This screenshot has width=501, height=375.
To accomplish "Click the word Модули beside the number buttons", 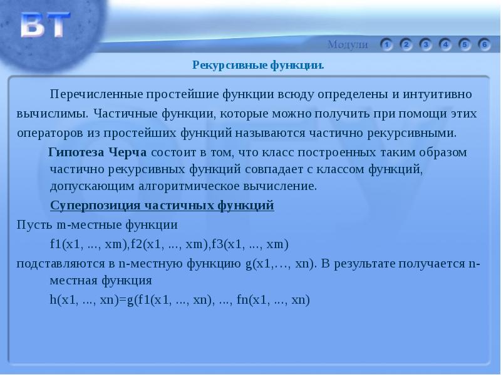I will point(348,44).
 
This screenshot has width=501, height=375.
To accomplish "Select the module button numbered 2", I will point(406,44).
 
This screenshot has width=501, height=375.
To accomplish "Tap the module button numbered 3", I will point(426,44).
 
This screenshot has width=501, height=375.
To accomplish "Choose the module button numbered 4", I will point(445,44).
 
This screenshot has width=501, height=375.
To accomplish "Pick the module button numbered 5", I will point(465,44).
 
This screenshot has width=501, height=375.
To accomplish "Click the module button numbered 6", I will point(484,44).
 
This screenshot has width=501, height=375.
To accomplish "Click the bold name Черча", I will point(128,153).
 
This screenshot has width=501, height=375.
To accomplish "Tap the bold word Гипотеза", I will point(77,153).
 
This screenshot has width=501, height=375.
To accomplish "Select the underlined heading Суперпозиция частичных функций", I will point(162,206).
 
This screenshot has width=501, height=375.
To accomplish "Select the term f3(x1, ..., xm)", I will point(250,243).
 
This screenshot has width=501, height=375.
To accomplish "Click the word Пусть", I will point(34,224).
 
